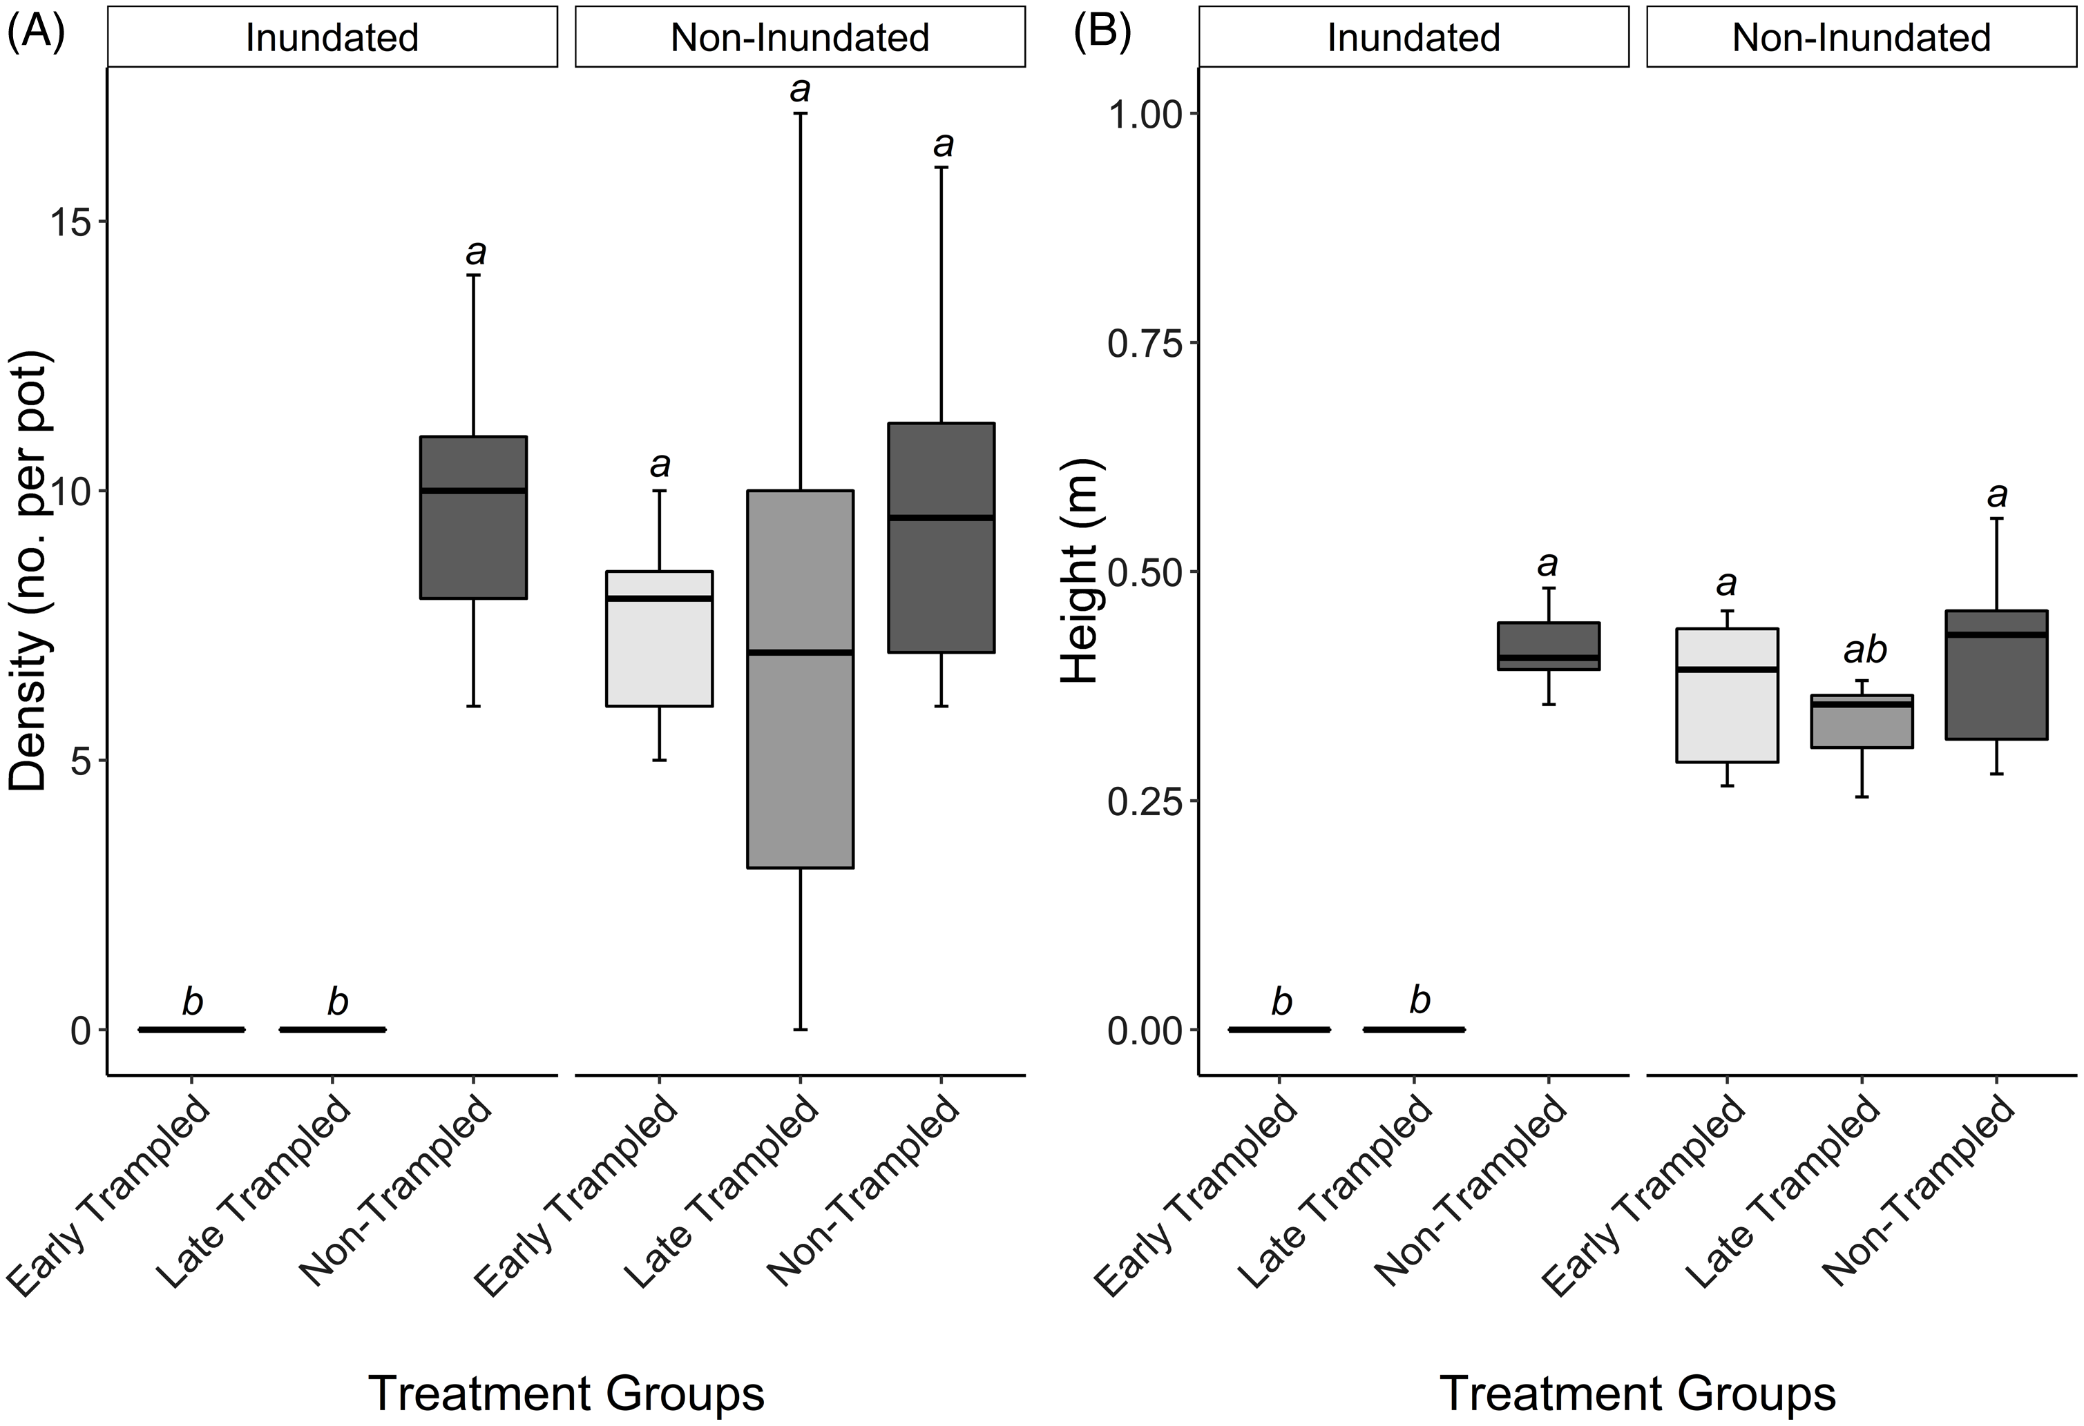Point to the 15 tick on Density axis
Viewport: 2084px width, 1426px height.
click(70, 222)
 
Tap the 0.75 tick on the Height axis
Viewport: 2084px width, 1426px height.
click(1145, 342)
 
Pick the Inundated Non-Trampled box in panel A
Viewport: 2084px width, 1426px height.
click(473, 517)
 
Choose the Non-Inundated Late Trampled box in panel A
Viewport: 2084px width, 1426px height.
click(800, 678)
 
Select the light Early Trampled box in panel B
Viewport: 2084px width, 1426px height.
click(1727, 696)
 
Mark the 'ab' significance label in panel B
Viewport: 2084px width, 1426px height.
click(1864, 649)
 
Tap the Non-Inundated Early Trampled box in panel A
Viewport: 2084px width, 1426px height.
click(659, 638)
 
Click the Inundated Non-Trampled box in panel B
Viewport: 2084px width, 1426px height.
click(1549, 646)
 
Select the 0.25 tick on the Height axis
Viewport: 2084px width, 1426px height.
click(1145, 801)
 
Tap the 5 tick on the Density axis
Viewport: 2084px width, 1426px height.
click(81, 761)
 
